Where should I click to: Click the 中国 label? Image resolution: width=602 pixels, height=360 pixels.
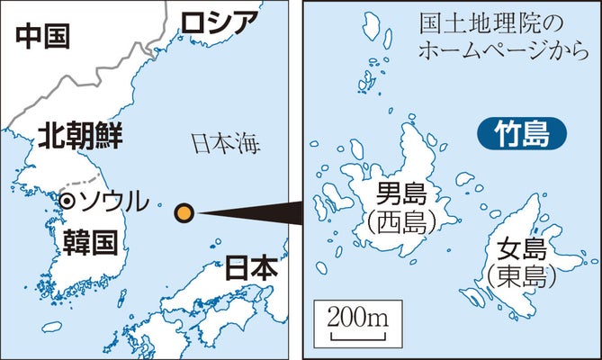(x=42, y=36)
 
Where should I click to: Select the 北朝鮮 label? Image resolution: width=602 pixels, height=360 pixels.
(x=80, y=138)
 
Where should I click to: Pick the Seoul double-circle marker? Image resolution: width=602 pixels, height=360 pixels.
(x=66, y=200)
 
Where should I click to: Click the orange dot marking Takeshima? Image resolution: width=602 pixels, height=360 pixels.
(x=184, y=212)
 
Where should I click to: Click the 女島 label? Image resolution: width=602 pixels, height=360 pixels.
(x=516, y=247)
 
